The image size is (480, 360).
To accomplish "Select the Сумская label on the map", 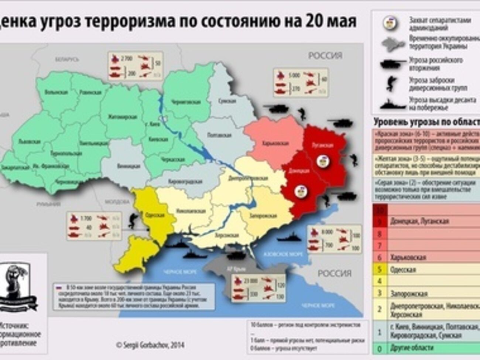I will pos(227,101).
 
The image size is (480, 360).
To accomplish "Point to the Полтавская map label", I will pos(219,135).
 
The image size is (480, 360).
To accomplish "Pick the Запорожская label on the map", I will pos(263,216).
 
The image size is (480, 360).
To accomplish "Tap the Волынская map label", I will pos(56,92).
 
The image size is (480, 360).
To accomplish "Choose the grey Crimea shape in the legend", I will pos(394,44).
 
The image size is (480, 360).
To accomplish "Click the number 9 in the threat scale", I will pos(379,222).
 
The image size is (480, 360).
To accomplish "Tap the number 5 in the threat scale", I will pos(379,270).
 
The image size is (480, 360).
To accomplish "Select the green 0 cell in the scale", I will pos(379,348).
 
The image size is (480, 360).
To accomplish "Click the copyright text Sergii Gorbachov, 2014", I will pos(150,345).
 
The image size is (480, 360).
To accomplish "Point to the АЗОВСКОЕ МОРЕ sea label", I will pos(283,254).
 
